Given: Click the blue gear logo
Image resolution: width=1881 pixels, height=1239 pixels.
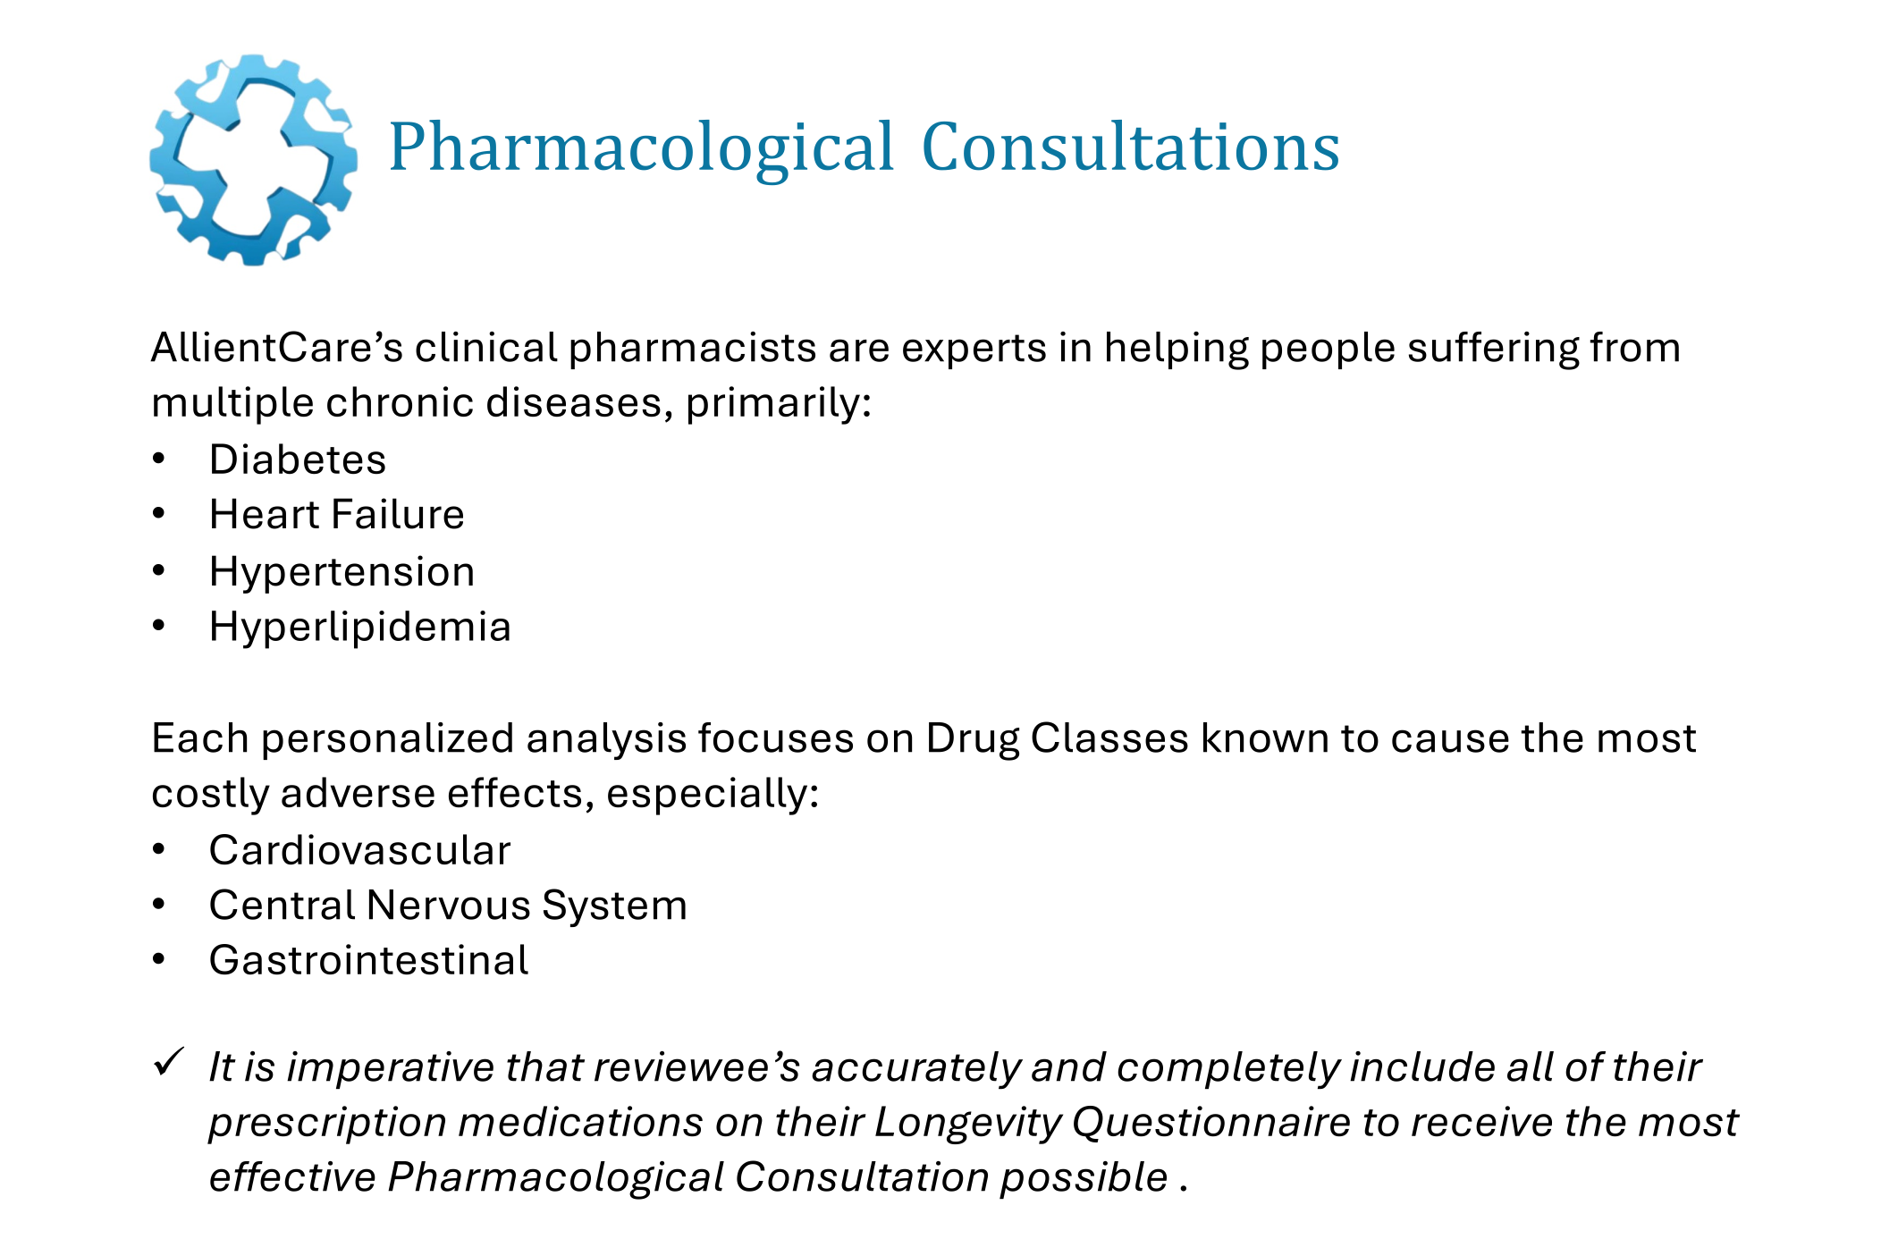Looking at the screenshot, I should (253, 160).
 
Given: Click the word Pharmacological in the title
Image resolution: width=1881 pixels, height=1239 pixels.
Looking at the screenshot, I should (641, 147).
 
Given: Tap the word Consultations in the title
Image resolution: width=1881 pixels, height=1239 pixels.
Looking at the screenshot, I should (1130, 147).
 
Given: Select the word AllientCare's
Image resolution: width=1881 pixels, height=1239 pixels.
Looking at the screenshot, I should (277, 348).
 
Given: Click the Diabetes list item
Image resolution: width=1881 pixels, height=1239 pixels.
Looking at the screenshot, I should (298, 460).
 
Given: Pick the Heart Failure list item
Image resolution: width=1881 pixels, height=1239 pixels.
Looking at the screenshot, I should (336, 515).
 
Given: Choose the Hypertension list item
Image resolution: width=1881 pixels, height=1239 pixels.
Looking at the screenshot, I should (342, 572).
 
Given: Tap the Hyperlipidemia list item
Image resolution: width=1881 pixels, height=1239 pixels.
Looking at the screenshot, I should (359, 628).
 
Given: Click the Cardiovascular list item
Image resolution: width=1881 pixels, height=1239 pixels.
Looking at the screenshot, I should (359, 850).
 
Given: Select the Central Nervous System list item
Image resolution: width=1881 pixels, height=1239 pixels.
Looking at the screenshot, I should (448, 906).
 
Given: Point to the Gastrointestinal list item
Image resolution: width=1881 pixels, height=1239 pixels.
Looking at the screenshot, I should (368, 961).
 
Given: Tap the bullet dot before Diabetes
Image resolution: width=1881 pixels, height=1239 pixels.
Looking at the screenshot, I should (159, 459).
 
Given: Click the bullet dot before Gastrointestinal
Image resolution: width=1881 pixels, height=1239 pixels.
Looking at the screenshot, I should (159, 960).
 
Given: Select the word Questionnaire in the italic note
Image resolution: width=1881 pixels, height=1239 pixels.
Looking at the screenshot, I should (1211, 1123).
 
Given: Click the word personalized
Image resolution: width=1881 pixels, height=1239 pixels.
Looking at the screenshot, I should (387, 739).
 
